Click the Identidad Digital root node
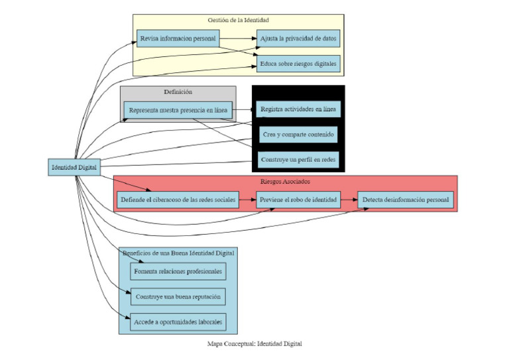[x=75, y=168]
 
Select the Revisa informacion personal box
[x=178, y=38]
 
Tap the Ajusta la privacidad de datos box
[x=298, y=38]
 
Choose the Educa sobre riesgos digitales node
[x=298, y=64]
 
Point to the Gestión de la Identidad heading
[x=238, y=21]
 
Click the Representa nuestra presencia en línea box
[x=178, y=110]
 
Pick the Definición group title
[x=178, y=91]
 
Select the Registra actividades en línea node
[x=298, y=109]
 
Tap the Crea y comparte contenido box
[x=298, y=135]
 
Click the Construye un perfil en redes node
[x=298, y=160]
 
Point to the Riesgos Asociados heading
[x=286, y=181]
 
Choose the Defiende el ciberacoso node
[x=178, y=200]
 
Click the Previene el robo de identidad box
[x=298, y=200]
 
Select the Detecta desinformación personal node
[x=406, y=200]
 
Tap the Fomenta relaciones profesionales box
[x=178, y=271]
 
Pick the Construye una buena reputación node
[x=178, y=296]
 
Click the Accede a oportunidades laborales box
[x=178, y=322]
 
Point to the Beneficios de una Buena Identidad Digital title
[x=178, y=253]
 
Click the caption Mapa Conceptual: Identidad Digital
[x=254, y=344]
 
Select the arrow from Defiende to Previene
[x=247, y=200]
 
